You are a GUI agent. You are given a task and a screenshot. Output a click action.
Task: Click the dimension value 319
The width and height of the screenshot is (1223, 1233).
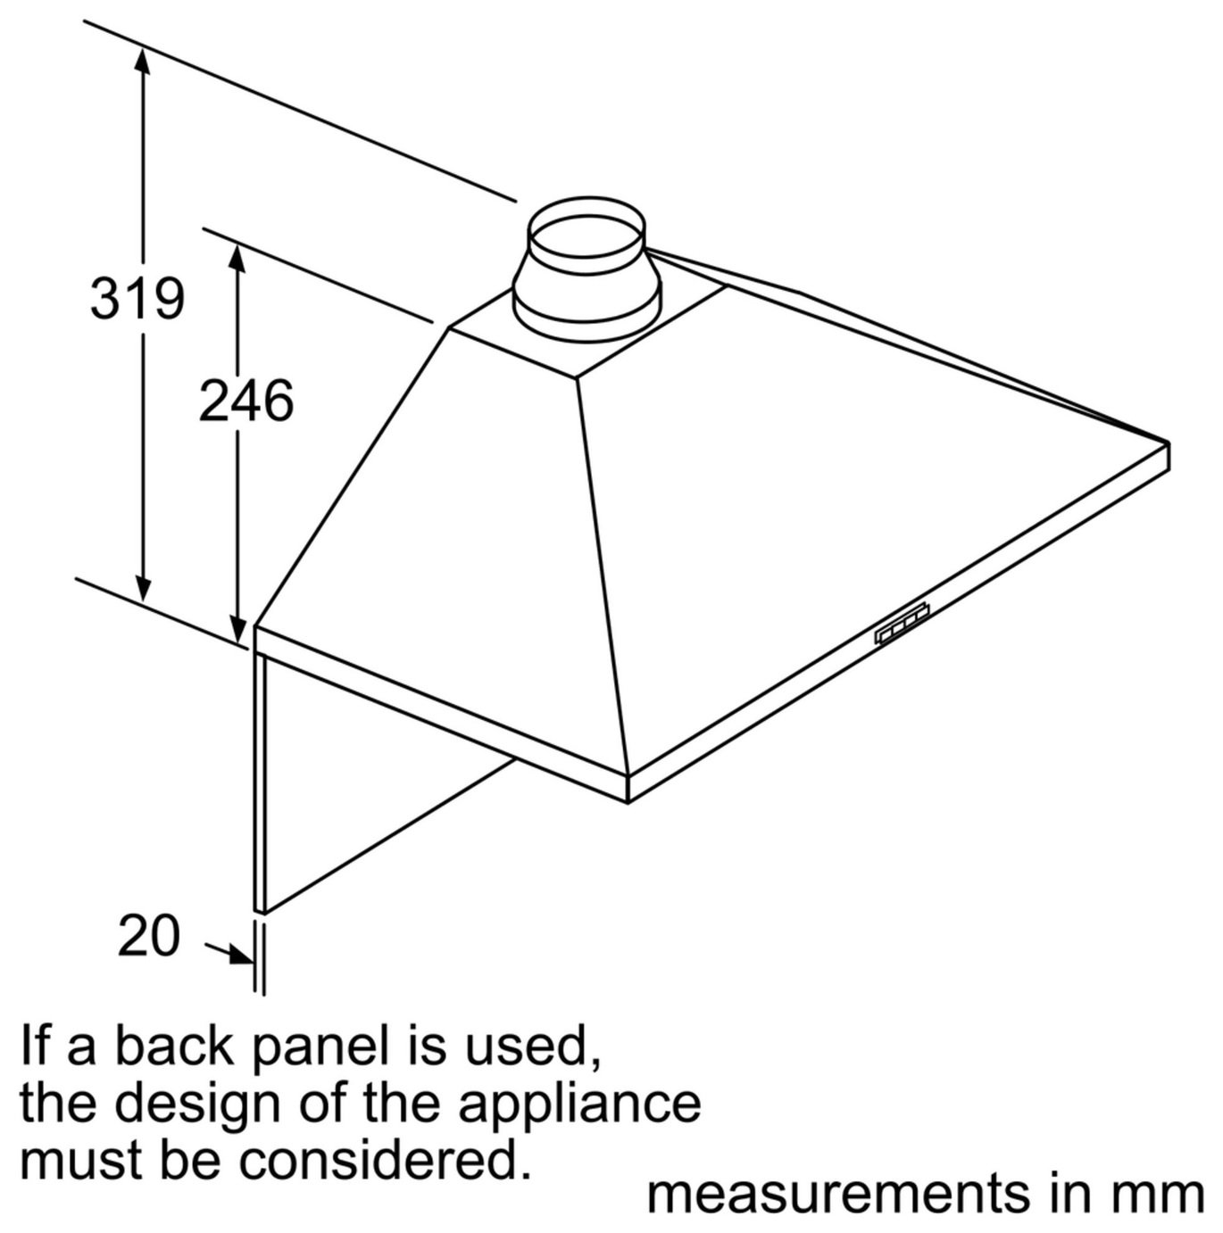click(x=137, y=297)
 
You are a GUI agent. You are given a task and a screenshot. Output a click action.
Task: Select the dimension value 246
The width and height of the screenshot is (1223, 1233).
click(x=245, y=400)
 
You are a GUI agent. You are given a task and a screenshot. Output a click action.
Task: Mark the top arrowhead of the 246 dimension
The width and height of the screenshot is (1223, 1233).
click(x=237, y=261)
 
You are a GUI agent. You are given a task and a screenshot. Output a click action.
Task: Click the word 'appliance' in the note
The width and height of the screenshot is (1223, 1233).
click(x=579, y=1092)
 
